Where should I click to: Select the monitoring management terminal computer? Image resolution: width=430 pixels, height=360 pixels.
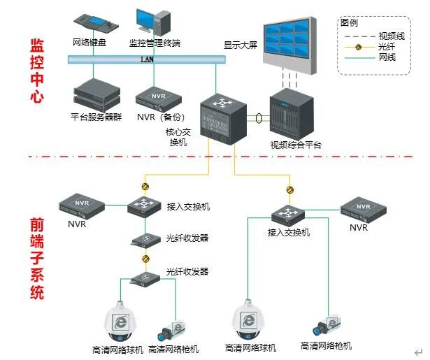152,24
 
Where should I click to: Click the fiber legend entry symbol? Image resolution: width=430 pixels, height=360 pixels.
357,47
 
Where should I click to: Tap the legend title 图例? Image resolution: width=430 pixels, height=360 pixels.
349,22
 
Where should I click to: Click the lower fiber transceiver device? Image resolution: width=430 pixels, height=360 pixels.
145,279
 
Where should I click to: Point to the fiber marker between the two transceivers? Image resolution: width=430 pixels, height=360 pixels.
145,259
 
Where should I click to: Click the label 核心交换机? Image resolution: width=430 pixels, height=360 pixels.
176,136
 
